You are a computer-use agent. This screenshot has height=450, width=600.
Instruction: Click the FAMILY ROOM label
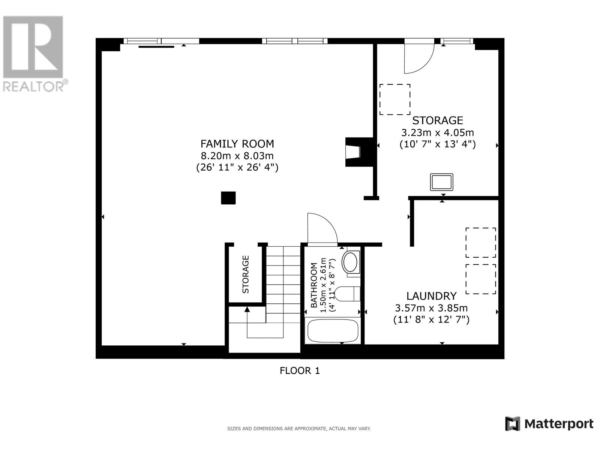coord(237,144)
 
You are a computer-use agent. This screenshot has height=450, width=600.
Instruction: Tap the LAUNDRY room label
coord(431,296)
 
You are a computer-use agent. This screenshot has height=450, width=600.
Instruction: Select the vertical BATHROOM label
coord(314,285)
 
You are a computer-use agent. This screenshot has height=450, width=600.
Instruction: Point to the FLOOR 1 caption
coord(300,371)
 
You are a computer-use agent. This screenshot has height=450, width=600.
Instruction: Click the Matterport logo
coord(549,424)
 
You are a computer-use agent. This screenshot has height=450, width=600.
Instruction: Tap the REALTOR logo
coord(34,54)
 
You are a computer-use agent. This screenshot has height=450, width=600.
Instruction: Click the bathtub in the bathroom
coord(333,331)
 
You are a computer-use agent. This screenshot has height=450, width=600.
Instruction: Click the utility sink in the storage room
coord(441,182)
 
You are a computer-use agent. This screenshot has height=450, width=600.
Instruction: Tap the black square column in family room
coord(228,198)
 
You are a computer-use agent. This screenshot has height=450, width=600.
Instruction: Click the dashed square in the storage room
coord(395,99)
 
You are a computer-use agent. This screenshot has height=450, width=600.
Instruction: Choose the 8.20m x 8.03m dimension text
coord(237,156)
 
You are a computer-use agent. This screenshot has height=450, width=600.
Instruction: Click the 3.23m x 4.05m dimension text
coord(437,133)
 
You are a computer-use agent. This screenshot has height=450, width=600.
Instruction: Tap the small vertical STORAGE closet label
coord(246,274)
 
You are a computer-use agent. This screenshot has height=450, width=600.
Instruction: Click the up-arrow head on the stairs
coord(247,309)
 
